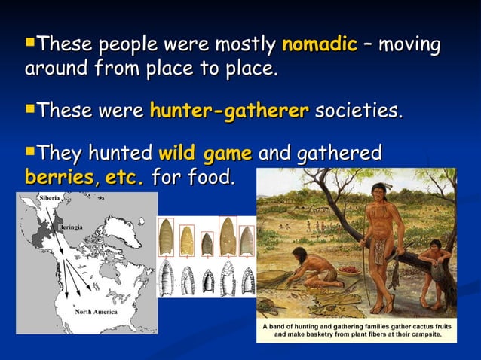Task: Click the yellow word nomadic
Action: tap(318, 44)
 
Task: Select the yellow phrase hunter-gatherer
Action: tap(229, 112)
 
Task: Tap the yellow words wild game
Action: tap(205, 155)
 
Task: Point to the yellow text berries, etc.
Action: tap(84, 179)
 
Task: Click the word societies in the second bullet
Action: tap(358, 112)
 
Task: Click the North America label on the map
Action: tap(94, 312)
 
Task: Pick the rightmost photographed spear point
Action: tap(247, 239)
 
